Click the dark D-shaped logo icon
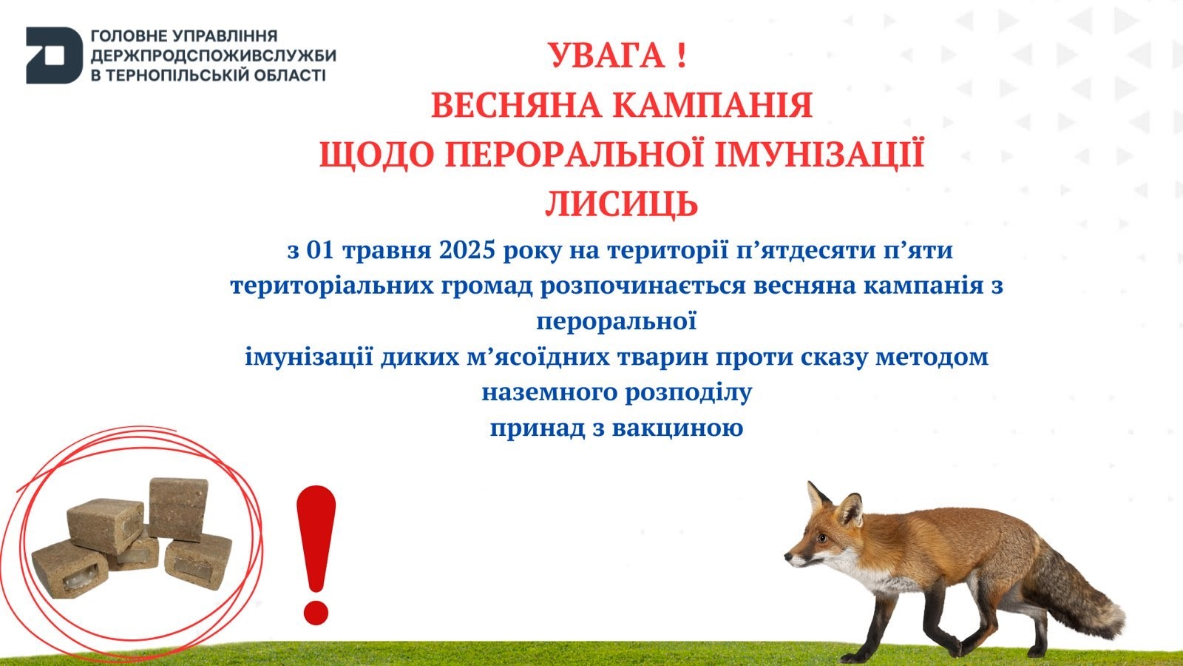point(53,55)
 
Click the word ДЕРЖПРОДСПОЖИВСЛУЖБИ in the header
point(213,55)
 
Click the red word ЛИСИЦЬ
point(621,204)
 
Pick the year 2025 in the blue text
point(467,251)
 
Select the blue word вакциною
point(678,428)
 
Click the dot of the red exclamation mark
point(316,611)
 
